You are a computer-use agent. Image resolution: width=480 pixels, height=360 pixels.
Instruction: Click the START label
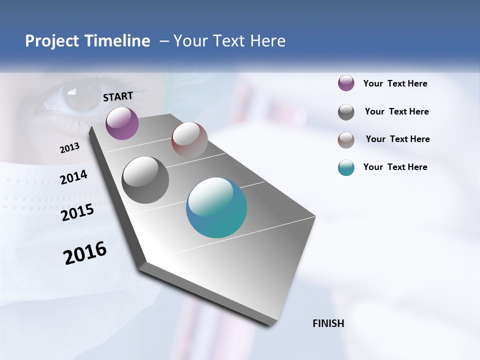tap(118, 96)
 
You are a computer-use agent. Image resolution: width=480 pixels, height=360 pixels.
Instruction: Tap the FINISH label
tap(328, 323)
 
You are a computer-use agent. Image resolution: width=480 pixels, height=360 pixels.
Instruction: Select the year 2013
tap(69, 148)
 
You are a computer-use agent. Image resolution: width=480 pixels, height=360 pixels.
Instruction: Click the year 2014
tap(73, 177)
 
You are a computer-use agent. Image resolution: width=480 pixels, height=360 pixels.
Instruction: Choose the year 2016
tap(85, 253)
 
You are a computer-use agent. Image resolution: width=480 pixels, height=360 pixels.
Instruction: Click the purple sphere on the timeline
tap(122, 123)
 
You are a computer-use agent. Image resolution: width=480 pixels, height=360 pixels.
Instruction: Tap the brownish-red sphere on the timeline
tap(189, 140)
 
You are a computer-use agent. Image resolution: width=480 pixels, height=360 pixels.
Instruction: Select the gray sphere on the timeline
tap(145, 180)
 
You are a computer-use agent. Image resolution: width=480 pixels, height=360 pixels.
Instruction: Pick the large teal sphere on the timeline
tap(216, 207)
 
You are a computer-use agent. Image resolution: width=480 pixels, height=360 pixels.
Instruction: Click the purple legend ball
tap(346, 83)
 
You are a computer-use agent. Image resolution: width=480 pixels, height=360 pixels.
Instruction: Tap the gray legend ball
tap(346, 112)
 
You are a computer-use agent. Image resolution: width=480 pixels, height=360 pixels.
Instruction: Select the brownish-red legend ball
tap(346, 140)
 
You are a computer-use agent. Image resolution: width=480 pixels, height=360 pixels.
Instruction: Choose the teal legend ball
tap(346, 168)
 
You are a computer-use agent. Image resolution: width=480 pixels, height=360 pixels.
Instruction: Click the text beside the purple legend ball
tap(395, 83)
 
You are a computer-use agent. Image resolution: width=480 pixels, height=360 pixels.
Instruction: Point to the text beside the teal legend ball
tap(395, 167)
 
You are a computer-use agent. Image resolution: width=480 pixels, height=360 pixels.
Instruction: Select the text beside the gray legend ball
tap(396, 111)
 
